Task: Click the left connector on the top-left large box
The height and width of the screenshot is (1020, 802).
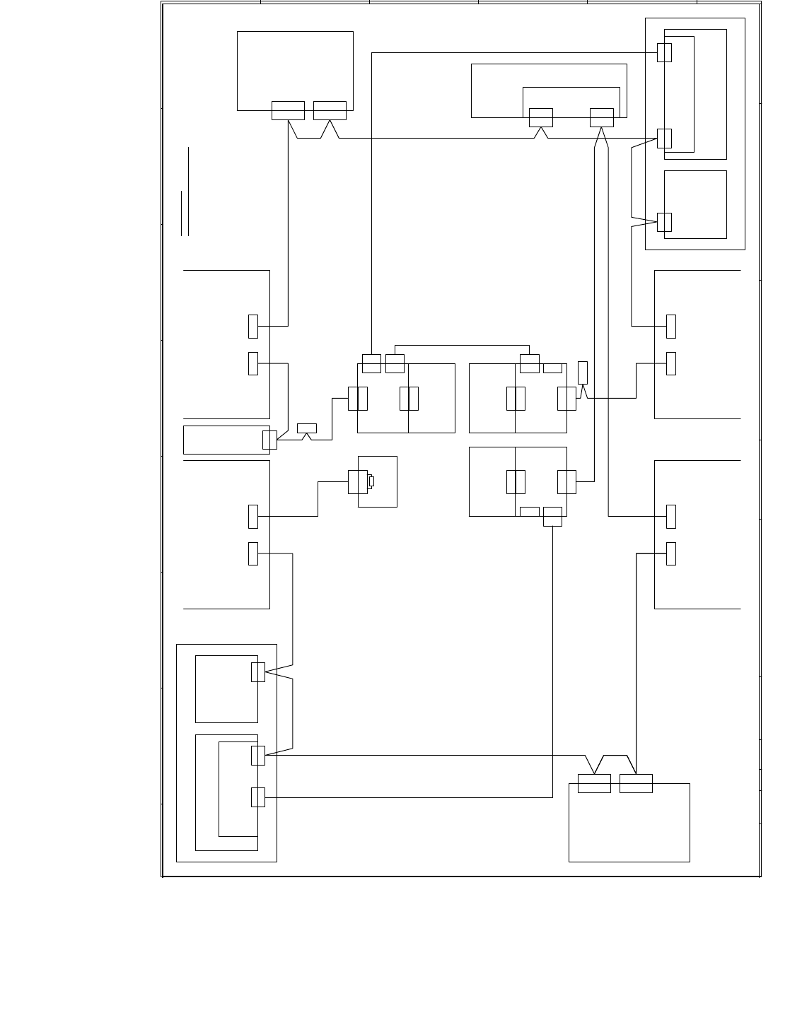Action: [288, 111]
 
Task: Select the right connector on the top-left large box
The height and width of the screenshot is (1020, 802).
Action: [330, 111]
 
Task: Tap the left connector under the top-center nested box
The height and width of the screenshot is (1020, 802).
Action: [540, 117]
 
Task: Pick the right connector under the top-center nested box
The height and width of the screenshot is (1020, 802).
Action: [601, 117]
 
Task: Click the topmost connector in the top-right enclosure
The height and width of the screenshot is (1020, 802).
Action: [664, 52]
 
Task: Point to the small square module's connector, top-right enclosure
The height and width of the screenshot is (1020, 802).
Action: [664, 222]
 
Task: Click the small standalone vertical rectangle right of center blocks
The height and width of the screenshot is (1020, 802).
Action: [583, 373]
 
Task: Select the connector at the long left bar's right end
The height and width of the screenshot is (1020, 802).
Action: [269, 440]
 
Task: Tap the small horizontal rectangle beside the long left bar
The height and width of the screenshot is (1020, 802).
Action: [307, 428]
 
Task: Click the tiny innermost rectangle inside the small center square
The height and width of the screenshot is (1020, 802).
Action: [371, 481]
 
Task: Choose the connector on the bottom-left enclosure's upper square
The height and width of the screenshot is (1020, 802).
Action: [258, 672]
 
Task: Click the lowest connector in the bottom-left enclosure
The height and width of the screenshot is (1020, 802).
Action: [258, 797]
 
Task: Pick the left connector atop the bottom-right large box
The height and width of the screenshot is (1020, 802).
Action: [594, 783]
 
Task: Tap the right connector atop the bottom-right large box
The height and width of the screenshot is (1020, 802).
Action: [636, 783]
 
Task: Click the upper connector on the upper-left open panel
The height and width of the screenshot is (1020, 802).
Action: [253, 327]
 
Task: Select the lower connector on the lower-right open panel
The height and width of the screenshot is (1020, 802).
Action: [671, 554]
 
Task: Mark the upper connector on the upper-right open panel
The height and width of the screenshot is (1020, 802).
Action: [671, 327]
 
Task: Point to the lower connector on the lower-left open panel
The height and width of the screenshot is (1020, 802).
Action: [253, 554]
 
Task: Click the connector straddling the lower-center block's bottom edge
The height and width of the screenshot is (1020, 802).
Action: [552, 517]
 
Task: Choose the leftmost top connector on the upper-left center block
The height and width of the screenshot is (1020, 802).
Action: [371, 363]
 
